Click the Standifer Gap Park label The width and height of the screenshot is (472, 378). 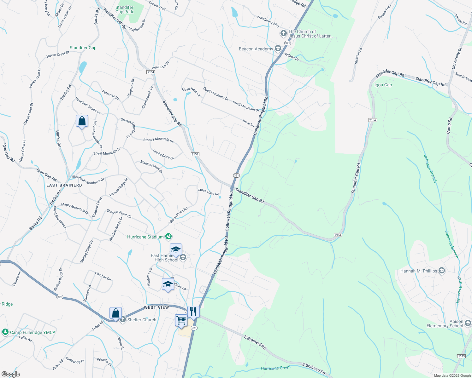pos(124,9)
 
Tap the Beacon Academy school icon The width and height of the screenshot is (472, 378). pos(278,49)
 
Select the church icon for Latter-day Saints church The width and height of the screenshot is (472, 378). pos(283,33)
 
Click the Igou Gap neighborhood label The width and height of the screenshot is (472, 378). pos(383,85)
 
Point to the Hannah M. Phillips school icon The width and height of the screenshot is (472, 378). pos(442,271)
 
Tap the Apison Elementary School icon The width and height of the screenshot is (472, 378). pos(468,323)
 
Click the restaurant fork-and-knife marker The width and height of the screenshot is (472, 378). pos(193,312)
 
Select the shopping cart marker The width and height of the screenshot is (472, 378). pos(181,320)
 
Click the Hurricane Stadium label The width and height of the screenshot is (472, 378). pos(145,237)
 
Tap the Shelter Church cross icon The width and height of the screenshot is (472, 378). pos(122,320)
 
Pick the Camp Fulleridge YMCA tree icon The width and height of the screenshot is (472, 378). pos(5,332)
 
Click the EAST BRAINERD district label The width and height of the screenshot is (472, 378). pos(64,185)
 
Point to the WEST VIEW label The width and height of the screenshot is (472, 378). pos(156,307)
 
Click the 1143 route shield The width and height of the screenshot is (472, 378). pos(461,356)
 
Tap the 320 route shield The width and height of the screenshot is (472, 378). pos(60,297)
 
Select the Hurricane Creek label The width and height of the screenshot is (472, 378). pos(275,368)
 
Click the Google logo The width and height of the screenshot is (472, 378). pos(10,374)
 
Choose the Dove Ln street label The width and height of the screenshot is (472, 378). pos(248,123)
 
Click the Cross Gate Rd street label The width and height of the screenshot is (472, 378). pos(208,192)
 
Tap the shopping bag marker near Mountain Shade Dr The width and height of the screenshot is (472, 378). pos(82,121)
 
